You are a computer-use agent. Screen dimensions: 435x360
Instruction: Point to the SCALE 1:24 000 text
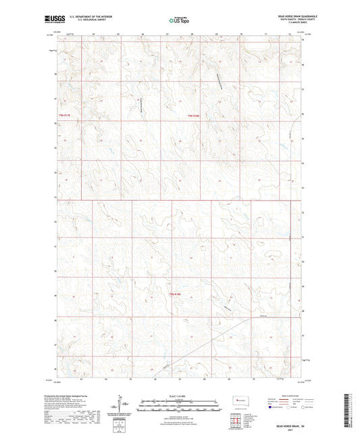tap(179, 396)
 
